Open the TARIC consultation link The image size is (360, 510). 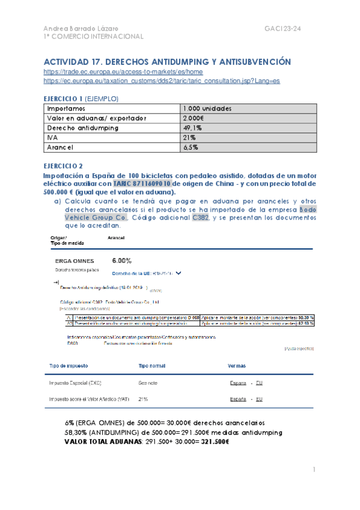(x=162, y=80)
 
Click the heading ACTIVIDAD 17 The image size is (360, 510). (x=168, y=62)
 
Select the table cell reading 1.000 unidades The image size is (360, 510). (x=208, y=108)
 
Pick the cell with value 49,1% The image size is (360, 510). (x=193, y=127)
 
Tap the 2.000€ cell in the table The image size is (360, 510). (x=194, y=118)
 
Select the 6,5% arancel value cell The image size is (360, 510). (x=192, y=147)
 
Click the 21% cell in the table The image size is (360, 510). (x=191, y=137)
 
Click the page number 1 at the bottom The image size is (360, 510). (x=314, y=469)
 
